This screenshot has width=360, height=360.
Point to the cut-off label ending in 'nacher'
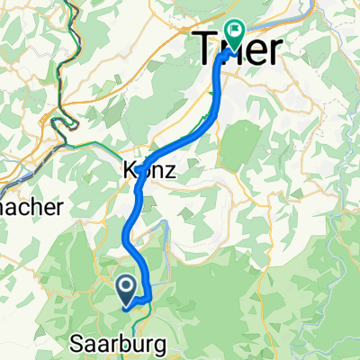pyautogui.click(x=31, y=206)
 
